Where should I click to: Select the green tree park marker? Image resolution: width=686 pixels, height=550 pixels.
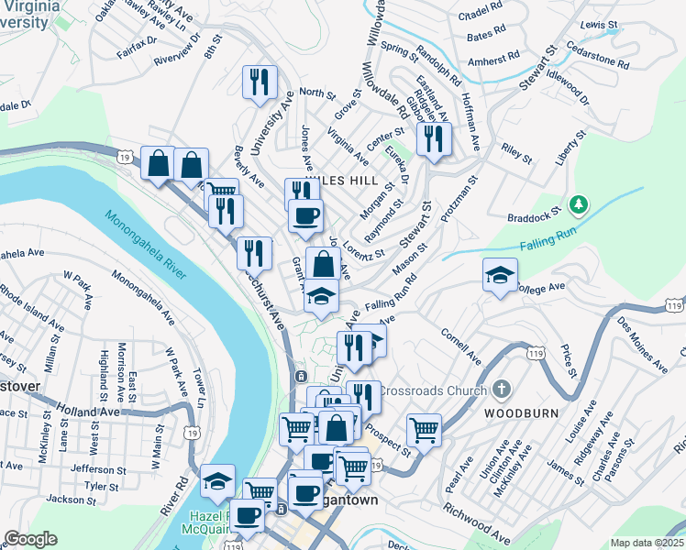pos(578,203)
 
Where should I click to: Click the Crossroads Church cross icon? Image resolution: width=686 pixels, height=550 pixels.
pos(500,390)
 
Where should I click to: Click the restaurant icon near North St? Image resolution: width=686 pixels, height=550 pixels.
pos(259,82)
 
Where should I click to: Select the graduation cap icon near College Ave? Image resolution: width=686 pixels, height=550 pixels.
pos(500,275)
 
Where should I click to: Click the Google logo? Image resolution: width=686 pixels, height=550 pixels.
pos(30,539)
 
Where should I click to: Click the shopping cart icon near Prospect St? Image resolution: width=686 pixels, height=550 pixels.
pos(424,429)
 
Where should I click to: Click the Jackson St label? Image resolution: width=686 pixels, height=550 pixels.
pos(65,500)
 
